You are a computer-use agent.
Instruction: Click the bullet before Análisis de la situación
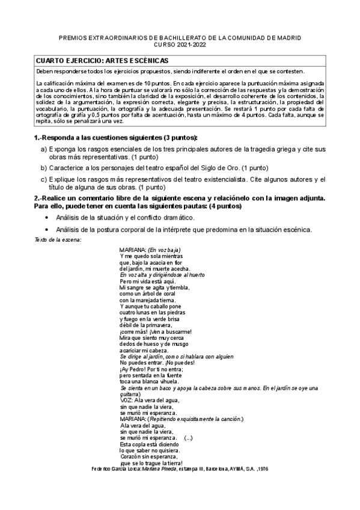click(x=47, y=217)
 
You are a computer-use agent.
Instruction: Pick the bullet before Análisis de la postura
click(x=47, y=230)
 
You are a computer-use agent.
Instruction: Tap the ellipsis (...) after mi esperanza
click(x=189, y=438)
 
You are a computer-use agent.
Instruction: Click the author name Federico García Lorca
click(x=115, y=468)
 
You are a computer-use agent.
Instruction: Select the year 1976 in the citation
click(x=262, y=468)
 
